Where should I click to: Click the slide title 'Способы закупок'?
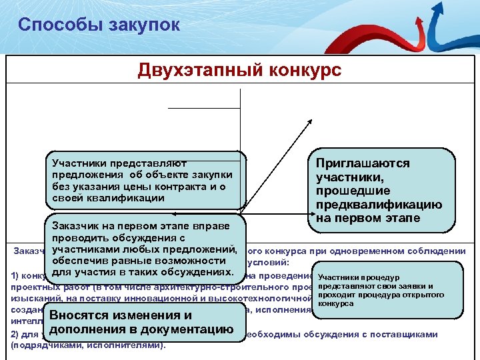[99, 25]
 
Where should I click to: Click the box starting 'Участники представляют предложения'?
[143, 181]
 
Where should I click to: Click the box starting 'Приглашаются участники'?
[381, 191]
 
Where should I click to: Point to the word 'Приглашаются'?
[363, 163]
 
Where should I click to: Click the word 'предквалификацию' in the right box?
[379, 205]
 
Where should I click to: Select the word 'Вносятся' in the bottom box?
[79, 315]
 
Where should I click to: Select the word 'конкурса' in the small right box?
[337, 303]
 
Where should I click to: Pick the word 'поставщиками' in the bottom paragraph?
[407, 334]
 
